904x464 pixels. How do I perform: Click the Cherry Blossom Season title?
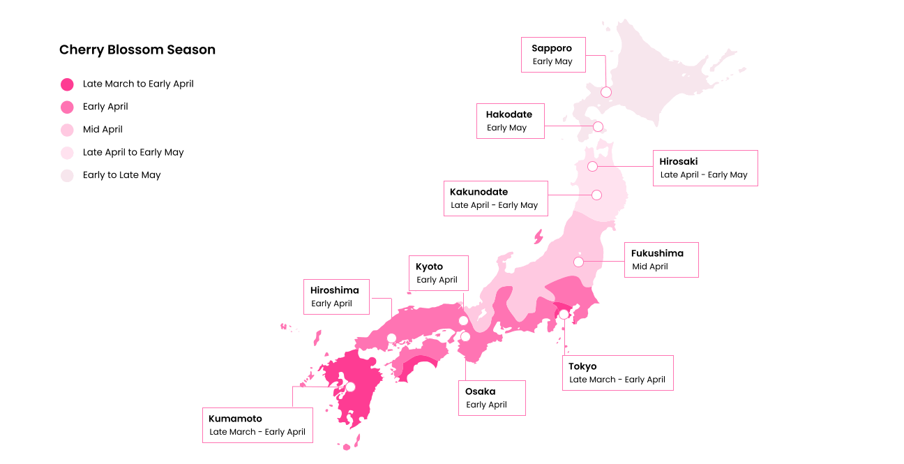[137, 50]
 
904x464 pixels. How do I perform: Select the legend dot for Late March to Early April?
[67, 84]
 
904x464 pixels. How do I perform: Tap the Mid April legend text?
[103, 129]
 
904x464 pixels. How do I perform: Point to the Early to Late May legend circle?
[67, 176]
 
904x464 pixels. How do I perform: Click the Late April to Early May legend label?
[133, 152]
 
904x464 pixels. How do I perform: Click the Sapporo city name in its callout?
[552, 48]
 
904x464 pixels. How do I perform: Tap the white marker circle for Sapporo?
[606, 92]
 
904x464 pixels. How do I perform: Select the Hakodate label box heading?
[508, 114]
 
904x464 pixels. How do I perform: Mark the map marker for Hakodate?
[598, 126]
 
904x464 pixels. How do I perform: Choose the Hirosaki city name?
[679, 161]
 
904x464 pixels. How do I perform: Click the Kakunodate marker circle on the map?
[596, 195]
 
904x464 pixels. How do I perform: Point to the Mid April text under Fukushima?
[650, 267]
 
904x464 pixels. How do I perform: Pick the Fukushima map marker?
[578, 262]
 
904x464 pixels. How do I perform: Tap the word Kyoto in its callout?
[429, 267]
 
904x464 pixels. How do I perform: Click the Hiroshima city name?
[335, 290]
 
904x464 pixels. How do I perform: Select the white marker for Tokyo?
[564, 314]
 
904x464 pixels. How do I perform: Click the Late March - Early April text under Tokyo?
[617, 380]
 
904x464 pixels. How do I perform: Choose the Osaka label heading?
[480, 391]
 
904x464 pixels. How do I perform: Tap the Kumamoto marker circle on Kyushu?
[351, 387]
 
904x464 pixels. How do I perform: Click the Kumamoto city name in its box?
[235, 419]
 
